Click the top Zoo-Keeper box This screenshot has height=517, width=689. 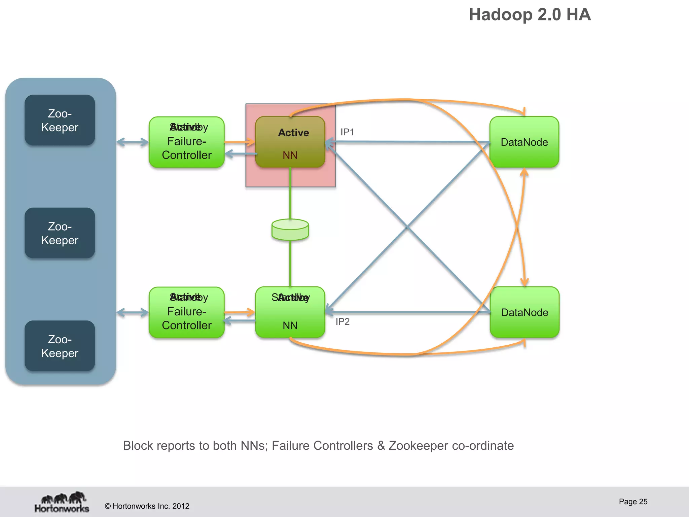60,120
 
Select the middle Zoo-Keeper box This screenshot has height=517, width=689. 60,233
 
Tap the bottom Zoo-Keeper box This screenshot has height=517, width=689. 60,346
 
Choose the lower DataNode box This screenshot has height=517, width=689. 524,312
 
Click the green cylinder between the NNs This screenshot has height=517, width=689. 290,230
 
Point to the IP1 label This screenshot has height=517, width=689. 347,132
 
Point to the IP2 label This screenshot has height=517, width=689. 342,322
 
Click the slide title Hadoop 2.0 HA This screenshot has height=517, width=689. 530,15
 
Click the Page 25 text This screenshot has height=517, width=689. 633,502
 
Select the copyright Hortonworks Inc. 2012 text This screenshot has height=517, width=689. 147,506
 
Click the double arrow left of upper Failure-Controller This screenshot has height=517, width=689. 133,142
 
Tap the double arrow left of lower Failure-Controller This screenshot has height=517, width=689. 133,313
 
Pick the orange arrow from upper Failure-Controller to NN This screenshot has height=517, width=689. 240,142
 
